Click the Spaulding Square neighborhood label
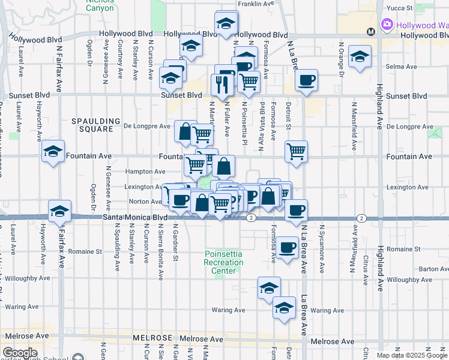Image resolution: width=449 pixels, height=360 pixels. click(x=92, y=125)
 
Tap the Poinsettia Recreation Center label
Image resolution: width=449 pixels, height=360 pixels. click(x=224, y=262)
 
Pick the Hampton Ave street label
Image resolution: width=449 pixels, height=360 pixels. click(x=145, y=172)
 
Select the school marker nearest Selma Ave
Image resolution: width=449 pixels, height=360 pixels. click(x=360, y=56)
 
